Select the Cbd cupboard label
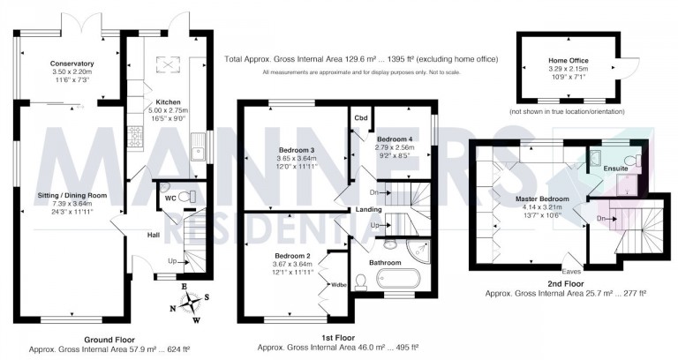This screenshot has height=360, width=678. (360, 117)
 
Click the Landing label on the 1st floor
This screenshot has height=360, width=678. (368, 209)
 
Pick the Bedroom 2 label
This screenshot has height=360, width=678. (291, 255)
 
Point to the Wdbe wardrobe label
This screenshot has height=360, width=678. (339, 284)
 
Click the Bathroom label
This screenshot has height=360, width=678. (386, 262)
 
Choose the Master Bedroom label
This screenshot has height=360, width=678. (543, 199)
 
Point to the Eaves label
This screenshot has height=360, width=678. (574, 272)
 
